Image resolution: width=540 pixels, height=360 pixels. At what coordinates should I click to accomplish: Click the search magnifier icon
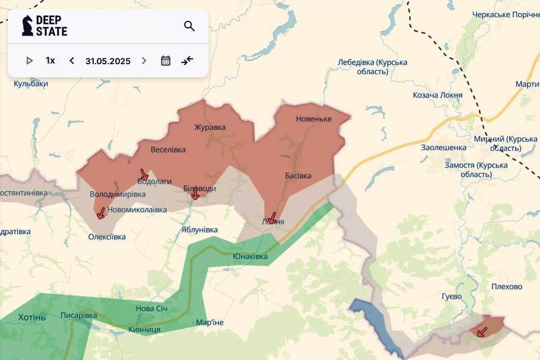pyautogui.click(x=190, y=26)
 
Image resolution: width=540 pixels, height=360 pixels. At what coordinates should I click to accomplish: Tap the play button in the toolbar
pyautogui.click(x=30, y=61)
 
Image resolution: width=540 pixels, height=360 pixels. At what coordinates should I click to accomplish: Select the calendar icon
pyautogui.click(x=166, y=61)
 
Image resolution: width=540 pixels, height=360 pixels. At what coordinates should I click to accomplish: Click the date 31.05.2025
pyautogui.click(x=108, y=61)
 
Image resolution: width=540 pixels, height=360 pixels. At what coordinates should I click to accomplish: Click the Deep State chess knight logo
pyautogui.click(x=27, y=26)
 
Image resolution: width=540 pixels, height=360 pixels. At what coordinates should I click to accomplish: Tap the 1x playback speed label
pyautogui.click(x=50, y=61)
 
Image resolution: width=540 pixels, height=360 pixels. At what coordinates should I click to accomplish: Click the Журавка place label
pyautogui.click(x=210, y=127)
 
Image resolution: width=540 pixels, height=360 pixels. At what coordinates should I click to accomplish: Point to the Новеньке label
pyautogui.click(x=314, y=119)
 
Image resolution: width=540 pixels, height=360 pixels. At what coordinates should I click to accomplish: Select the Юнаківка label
pyautogui.click(x=250, y=257)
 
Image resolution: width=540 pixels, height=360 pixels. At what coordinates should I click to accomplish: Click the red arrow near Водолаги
pyautogui.click(x=144, y=175)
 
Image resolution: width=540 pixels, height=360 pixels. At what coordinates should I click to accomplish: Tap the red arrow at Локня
pyautogui.click(x=272, y=218)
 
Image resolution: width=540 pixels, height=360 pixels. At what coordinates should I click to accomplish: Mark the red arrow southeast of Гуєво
pyautogui.click(x=482, y=331)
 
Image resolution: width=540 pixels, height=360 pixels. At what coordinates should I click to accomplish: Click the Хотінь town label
pyautogui.click(x=31, y=317)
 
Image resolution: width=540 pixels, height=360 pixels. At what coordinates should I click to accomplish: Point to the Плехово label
pyautogui.click(x=507, y=286)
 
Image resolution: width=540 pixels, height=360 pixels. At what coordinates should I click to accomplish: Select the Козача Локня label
pyautogui.click(x=437, y=95)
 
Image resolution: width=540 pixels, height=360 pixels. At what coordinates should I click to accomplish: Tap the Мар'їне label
pyautogui.click(x=210, y=323)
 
